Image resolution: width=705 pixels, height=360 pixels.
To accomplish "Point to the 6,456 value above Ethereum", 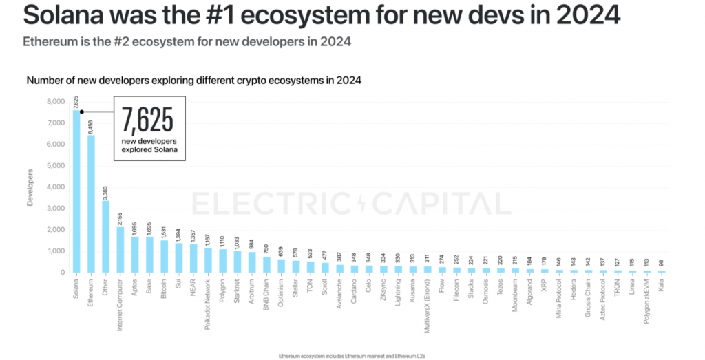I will (x=91, y=126).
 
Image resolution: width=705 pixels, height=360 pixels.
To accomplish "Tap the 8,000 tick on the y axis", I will (x=54, y=101).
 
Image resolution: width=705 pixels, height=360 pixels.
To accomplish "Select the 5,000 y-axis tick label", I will (x=54, y=165).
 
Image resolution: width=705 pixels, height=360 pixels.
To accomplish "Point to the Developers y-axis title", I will (x=30, y=187).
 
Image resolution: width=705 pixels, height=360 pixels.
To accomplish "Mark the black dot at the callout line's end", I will (x=82, y=112).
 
